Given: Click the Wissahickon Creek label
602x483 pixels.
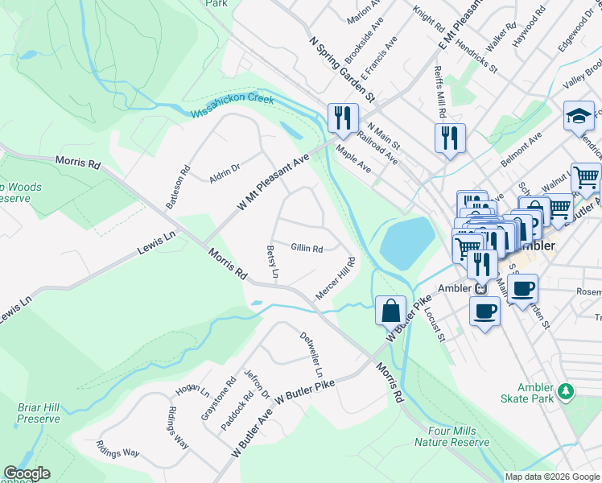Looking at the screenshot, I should point(233,105).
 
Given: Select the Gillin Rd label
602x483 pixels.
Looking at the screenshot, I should point(307,249).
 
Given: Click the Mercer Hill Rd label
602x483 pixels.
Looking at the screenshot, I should point(336,279).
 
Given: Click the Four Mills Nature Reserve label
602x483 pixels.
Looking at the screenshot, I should point(451,436).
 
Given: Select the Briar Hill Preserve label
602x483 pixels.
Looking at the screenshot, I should point(39,413).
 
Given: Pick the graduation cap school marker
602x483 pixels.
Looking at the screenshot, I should point(579,116).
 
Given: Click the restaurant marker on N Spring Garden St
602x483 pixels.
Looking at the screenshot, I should point(342,118).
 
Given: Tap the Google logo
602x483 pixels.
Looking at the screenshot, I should point(27,473).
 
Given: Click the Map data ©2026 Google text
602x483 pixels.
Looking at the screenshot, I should point(551,476).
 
